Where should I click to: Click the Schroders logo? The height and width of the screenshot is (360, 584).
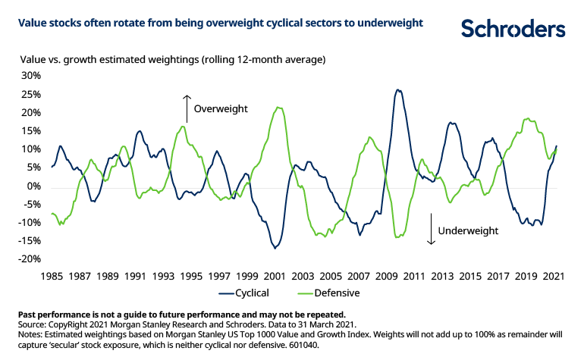[x=513, y=29]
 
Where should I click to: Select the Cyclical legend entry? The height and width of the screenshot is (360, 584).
[x=252, y=292]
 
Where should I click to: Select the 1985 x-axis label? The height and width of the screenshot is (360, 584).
[x=51, y=277]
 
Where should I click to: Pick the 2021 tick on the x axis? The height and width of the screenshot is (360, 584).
[x=555, y=277]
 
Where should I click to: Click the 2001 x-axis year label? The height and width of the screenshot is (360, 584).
[x=275, y=277]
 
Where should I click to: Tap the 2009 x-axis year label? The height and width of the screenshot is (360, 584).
[x=387, y=277]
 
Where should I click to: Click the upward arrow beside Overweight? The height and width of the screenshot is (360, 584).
[x=186, y=108]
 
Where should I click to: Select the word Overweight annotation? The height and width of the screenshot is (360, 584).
[x=221, y=109]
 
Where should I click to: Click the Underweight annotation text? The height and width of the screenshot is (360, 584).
[x=468, y=230]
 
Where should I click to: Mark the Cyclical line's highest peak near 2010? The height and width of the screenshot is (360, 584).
[x=398, y=89]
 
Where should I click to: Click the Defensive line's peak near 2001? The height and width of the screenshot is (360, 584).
[x=279, y=108]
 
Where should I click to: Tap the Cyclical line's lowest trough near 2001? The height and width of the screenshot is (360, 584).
[x=275, y=248]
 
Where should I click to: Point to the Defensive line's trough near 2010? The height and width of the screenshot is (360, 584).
[x=397, y=238]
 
